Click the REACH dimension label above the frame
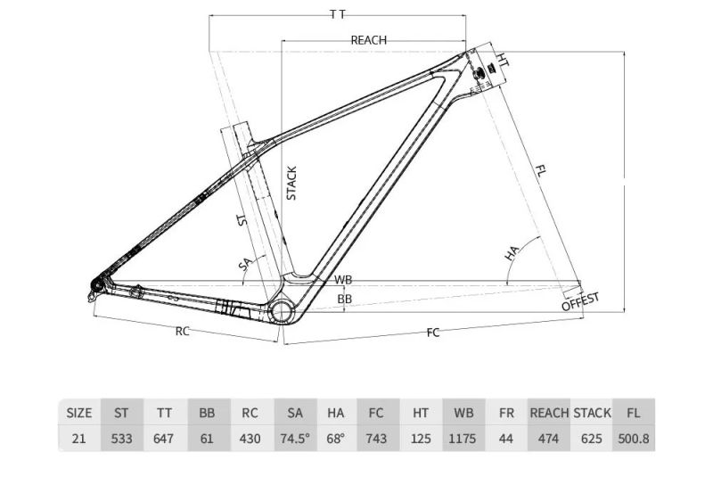[368, 40]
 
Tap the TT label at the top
[338, 14]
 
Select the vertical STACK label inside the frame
[291, 183]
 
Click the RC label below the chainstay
[182, 332]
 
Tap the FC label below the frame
[433, 333]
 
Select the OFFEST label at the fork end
[581, 300]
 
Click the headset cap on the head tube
[488, 71]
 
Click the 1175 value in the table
[463, 439]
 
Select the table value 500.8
[634, 439]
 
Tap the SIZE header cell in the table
[79, 413]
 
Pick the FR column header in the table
[506, 413]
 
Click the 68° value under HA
[336, 439]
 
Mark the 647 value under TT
[165, 439]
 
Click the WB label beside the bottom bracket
[343, 280]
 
